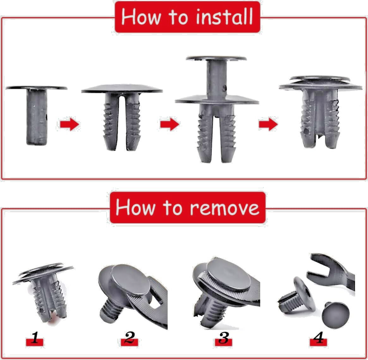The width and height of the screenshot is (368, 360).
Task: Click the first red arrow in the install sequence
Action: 69,124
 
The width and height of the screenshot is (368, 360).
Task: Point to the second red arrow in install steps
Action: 169,124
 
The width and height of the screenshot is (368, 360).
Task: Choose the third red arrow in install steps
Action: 268,124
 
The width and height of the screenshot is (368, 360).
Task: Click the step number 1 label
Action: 35,340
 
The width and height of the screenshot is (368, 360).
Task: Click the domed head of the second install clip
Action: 122,89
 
